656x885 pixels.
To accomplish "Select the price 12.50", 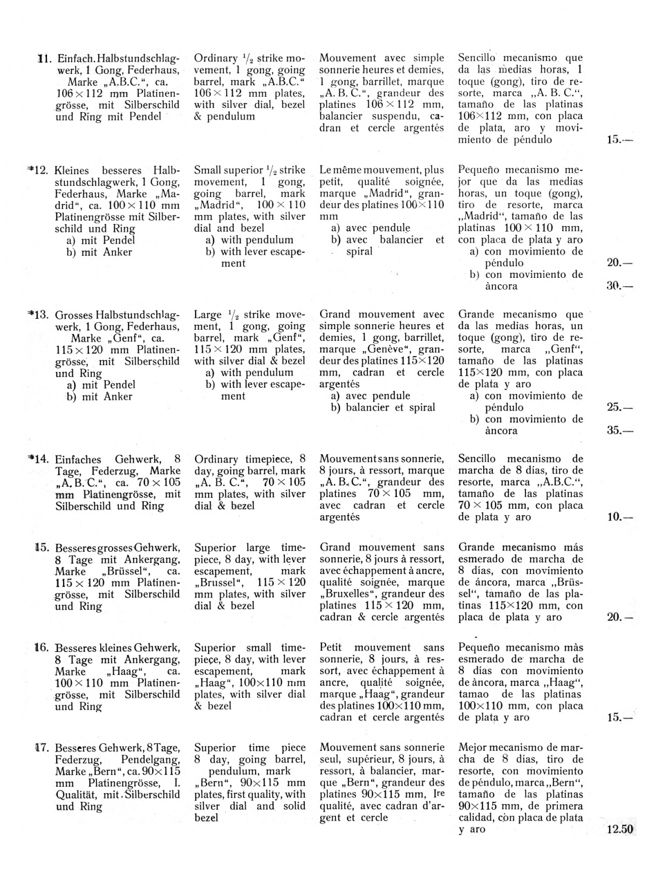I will pyautogui.click(x=619, y=830).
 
